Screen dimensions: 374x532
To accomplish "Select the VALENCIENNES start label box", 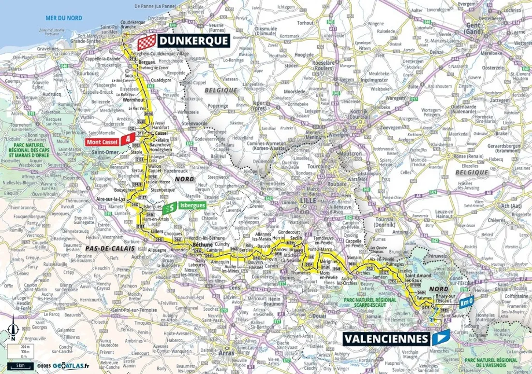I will click(386, 338).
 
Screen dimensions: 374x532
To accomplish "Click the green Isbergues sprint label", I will click(191, 205).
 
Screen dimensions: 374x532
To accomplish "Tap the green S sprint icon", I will click(169, 208).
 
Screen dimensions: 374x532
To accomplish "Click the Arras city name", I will click(226, 353).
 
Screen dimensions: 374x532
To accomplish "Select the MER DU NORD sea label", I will click(61, 17).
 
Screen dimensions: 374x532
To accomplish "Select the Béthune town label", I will click(203, 245).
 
